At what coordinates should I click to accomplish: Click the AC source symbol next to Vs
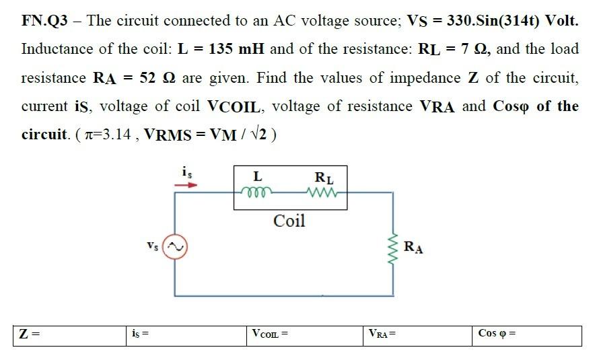(176, 247)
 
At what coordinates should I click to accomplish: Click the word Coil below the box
(289, 221)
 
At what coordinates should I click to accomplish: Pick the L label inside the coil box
(257, 177)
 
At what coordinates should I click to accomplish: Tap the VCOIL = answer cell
(304, 334)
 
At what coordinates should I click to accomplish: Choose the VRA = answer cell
(418, 334)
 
